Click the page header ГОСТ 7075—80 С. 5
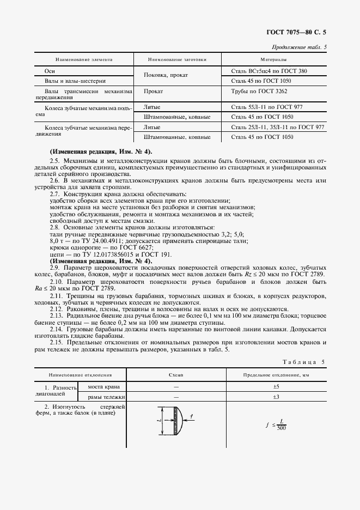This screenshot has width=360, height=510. coord(299,32)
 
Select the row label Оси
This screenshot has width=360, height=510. coord(49,71)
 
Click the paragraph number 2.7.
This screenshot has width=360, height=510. coord(56,194)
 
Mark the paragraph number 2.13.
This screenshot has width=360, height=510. coord(57,315)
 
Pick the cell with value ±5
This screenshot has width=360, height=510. coord(275,386)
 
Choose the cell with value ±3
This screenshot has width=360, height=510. coord(275,397)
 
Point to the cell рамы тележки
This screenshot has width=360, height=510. coord(99,397)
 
